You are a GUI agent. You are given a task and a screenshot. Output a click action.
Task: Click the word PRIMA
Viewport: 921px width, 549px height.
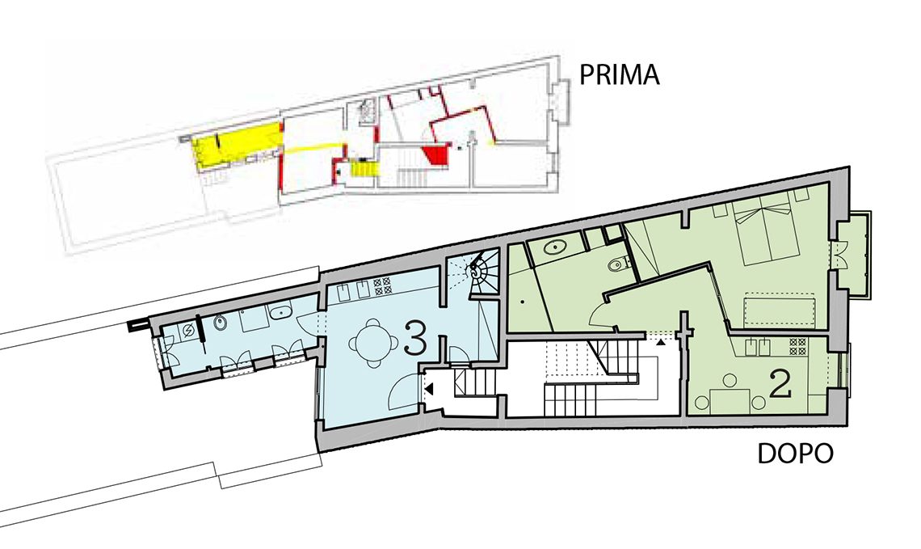(x=620, y=75)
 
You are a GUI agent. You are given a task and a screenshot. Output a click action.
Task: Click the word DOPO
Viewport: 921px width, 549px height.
(x=795, y=454)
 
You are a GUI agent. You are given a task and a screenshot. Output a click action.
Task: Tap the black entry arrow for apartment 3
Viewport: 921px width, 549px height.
(x=429, y=389)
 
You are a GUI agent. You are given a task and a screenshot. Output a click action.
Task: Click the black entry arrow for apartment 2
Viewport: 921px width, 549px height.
(x=662, y=340)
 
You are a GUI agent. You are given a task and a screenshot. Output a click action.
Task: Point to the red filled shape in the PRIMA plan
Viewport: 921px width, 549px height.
(x=435, y=156)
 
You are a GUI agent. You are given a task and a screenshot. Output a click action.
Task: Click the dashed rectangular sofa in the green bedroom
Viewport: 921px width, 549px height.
(x=780, y=310)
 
